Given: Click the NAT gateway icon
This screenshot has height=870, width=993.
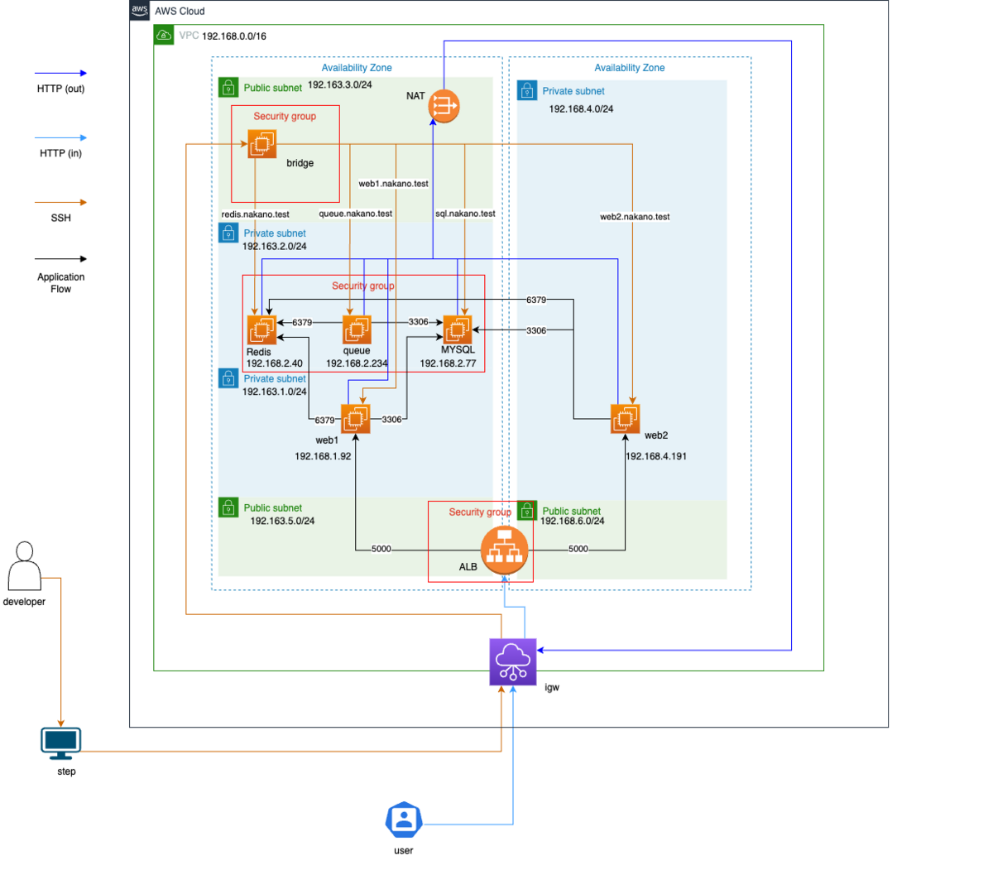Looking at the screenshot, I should pyautogui.click(x=444, y=106).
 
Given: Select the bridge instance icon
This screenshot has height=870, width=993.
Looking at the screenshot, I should pyautogui.click(x=262, y=144).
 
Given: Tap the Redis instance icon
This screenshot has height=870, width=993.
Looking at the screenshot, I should pyautogui.click(x=261, y=329).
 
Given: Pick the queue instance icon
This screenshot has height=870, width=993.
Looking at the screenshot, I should pyautogui.click(x=357, y=329).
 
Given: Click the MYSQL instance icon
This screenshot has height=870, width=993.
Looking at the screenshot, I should pyautogui.click(x=457, y=329).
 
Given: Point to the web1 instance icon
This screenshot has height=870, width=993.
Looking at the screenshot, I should pyautogui.click(x=356, y=419).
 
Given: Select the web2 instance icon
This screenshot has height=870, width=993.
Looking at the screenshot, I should pyautogui.click(x=625, y=419).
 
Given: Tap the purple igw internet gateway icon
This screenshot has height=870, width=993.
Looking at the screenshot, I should pyautogui.click(x=512, y=661).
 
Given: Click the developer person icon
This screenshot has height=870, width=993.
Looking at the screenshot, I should pyautogui.click(x=24, y=566).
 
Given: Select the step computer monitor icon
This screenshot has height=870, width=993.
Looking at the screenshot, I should pyautogui.click(x=61, y=743).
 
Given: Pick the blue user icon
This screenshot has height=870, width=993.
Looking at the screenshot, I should pyautogui.click(x=404, y=820).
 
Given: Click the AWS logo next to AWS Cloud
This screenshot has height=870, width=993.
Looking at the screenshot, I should pyautogui.click(x=139, y=11).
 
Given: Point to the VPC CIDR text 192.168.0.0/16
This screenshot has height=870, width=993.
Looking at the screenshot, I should pyautogui.click(x=234, y=36).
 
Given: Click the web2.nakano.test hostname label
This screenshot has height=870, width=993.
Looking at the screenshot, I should pyautogui.click(x=635, y=217).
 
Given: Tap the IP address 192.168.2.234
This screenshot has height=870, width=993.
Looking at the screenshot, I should pyautogui.click(x=357, y=363).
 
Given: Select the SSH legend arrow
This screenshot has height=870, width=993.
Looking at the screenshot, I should pyautogui.click(x=60, y=202).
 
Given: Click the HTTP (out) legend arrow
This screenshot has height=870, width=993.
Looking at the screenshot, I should pyautogui.click(x=60, y=73).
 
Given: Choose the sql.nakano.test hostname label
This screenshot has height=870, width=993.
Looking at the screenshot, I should pyautogui.click(x=465, y=214).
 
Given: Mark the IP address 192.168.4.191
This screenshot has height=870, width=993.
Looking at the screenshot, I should pyautogui.click(x=655, y=456).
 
